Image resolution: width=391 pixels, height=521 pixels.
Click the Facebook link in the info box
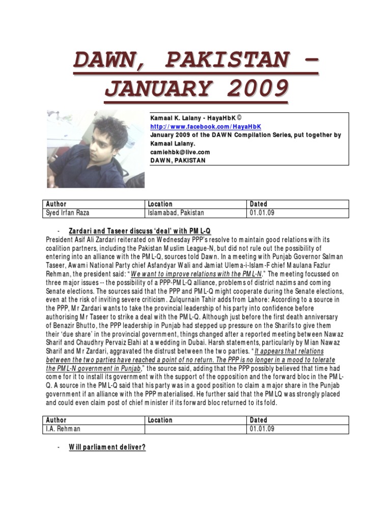205,126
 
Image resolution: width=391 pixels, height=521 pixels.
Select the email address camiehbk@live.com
180,152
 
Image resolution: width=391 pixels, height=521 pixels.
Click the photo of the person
95,149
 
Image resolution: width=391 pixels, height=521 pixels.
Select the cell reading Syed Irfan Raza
67,213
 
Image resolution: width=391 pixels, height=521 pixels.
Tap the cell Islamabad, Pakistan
176,213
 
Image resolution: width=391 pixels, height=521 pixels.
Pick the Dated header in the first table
259,204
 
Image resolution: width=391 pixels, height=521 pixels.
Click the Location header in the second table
160,420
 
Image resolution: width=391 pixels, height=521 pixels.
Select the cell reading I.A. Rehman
63,429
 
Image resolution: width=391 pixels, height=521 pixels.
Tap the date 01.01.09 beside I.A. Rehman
262,429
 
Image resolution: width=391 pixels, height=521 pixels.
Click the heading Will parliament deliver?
107,447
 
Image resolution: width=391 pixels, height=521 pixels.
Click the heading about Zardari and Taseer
139,231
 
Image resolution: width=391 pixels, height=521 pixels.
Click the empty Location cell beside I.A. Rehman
195,429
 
